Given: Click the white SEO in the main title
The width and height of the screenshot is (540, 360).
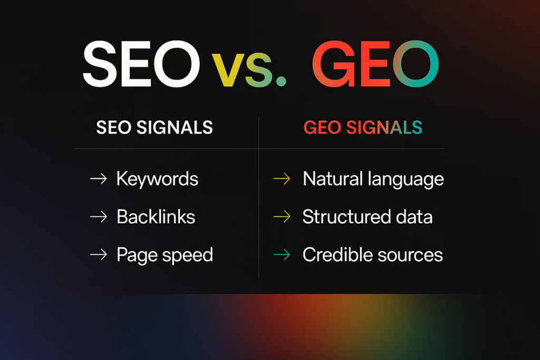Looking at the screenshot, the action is click(141, 64).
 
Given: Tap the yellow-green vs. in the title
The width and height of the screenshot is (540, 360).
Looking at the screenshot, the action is click(249, 70).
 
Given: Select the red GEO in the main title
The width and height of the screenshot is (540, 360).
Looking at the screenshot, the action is click(375, 64).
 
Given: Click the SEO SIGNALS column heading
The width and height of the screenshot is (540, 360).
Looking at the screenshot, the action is click(155, 128).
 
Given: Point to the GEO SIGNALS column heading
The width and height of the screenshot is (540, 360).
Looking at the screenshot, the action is click(363, 128).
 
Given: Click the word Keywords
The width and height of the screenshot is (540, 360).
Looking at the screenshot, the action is click(157, 179).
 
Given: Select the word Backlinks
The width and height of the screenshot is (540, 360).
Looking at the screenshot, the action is click(156, 217).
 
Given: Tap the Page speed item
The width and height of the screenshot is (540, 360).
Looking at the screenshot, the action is click(165, 255).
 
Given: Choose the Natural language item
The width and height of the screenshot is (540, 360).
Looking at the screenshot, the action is click(373, 179).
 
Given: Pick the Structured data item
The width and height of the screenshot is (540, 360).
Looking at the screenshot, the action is click(368, 217).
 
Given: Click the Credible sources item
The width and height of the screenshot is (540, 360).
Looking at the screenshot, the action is click(373, 255).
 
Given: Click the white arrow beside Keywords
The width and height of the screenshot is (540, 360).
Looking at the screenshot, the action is click(99, 179).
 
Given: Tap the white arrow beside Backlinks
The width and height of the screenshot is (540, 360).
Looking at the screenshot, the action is click(99, 217).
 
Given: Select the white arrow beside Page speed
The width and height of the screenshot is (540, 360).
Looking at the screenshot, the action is click(99, 255).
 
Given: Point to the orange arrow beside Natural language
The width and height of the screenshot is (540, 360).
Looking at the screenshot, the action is click(282, 179).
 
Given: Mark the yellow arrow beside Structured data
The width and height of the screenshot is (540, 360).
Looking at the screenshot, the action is click(282, 217).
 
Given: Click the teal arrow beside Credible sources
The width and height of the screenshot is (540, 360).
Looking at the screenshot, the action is click(282, 255).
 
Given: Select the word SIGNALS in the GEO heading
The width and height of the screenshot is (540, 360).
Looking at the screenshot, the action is click(384, 128).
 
